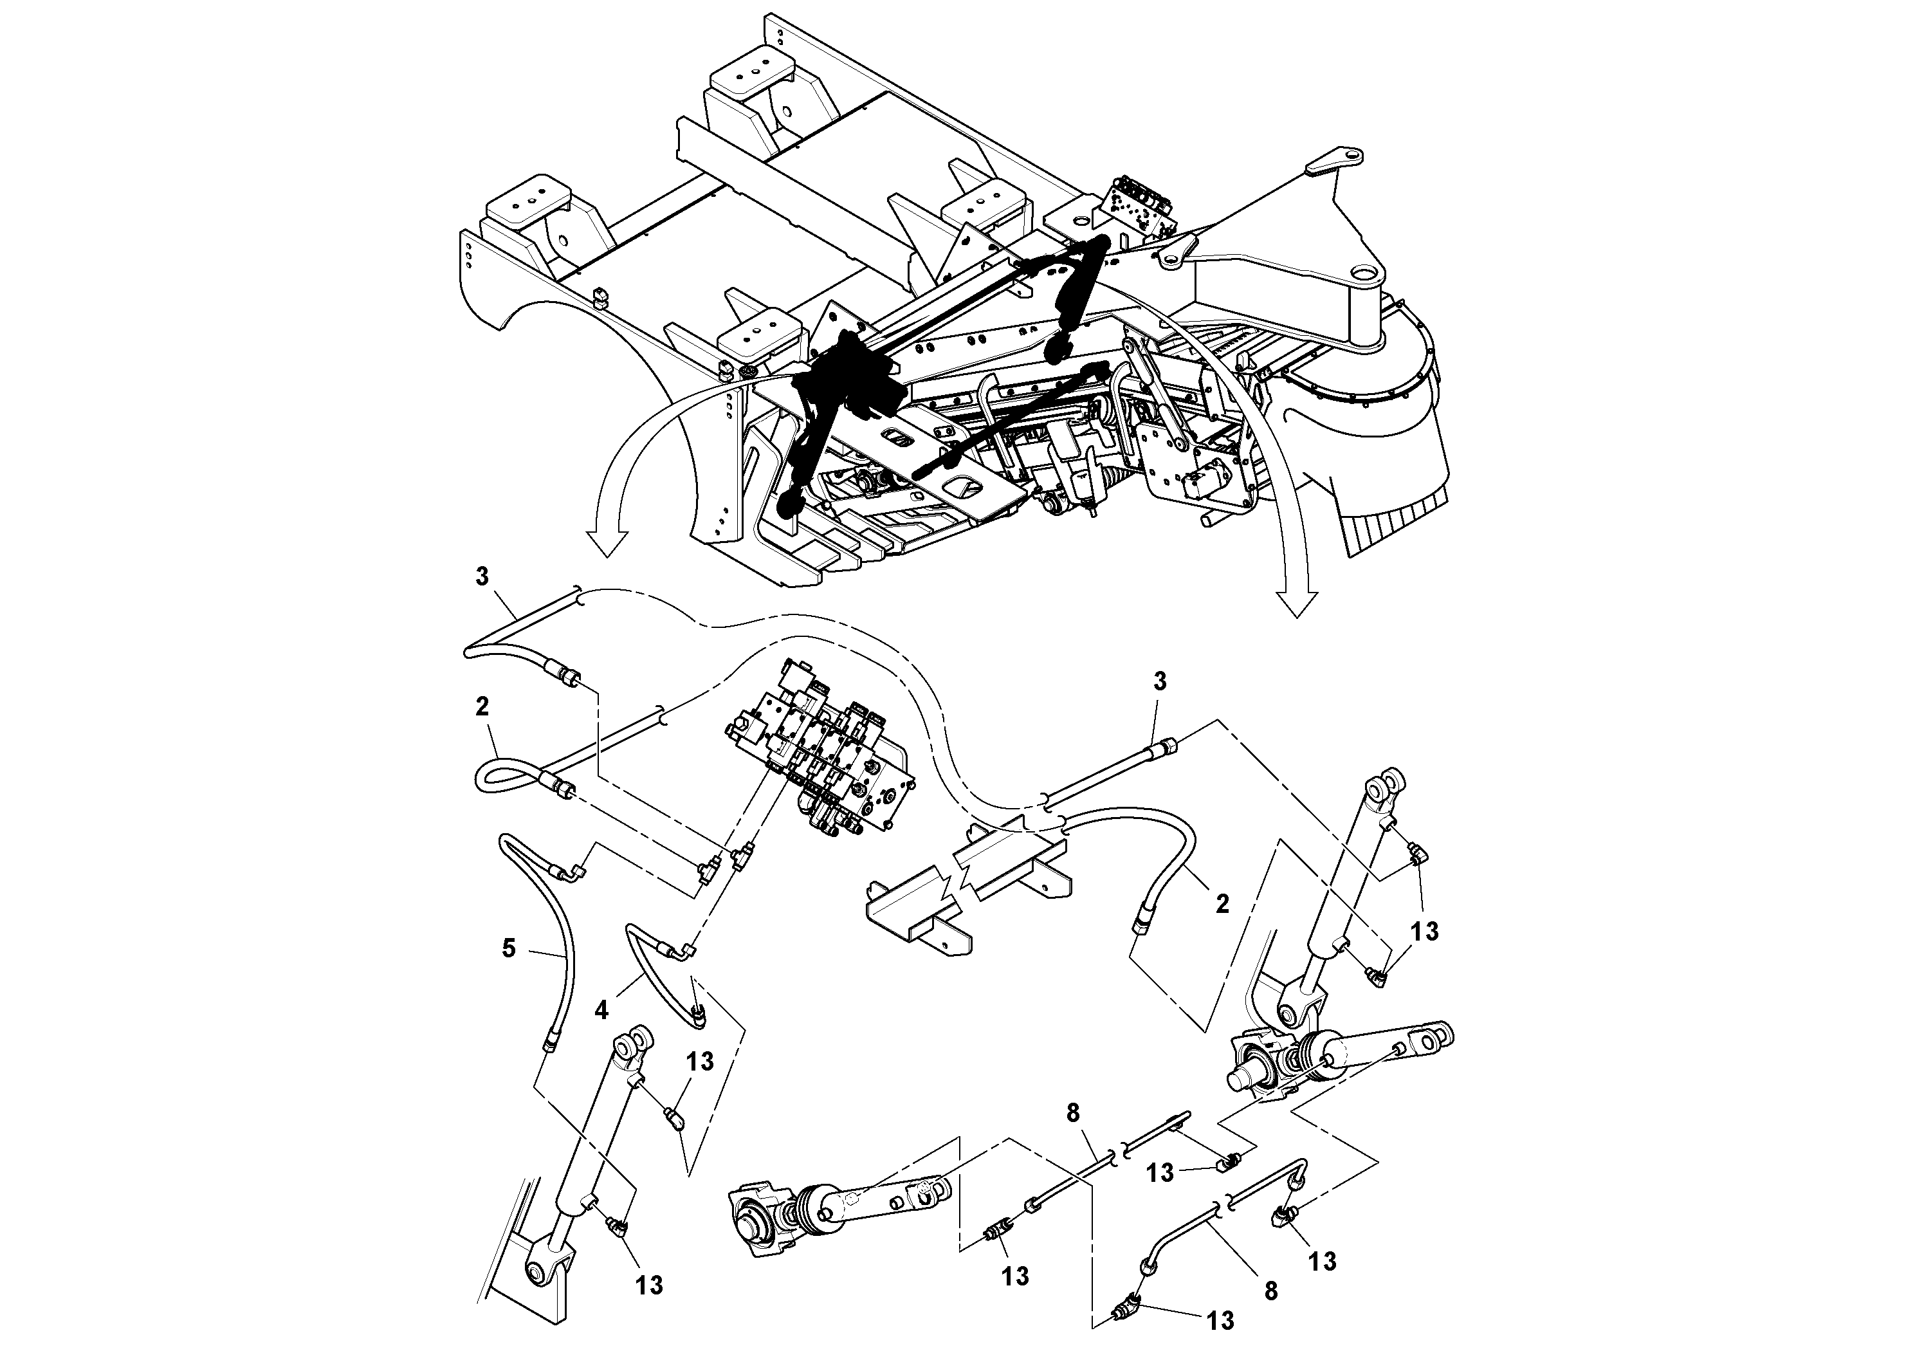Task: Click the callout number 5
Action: pyautogui.click(x=509, y=948)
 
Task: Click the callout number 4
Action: pyautogui.click(x=601, y=1010)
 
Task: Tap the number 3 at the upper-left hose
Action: pyautogui.click(x=482, y=577)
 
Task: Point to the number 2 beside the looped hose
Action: pyautogui.click(x=482, y=706)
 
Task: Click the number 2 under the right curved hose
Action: pyautogui.click(x=1222, y=904)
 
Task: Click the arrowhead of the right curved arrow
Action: pyautogui.click(x=1296, y=604)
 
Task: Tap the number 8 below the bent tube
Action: pyautogui.click(x=1270, y=1291)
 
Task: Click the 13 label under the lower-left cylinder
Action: pyautogui.click(x=649, y=1285)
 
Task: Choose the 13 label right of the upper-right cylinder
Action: pyautogui.click(x=1425, y=931)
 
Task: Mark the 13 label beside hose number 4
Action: pyautogui.click(x=701, y=1062)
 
